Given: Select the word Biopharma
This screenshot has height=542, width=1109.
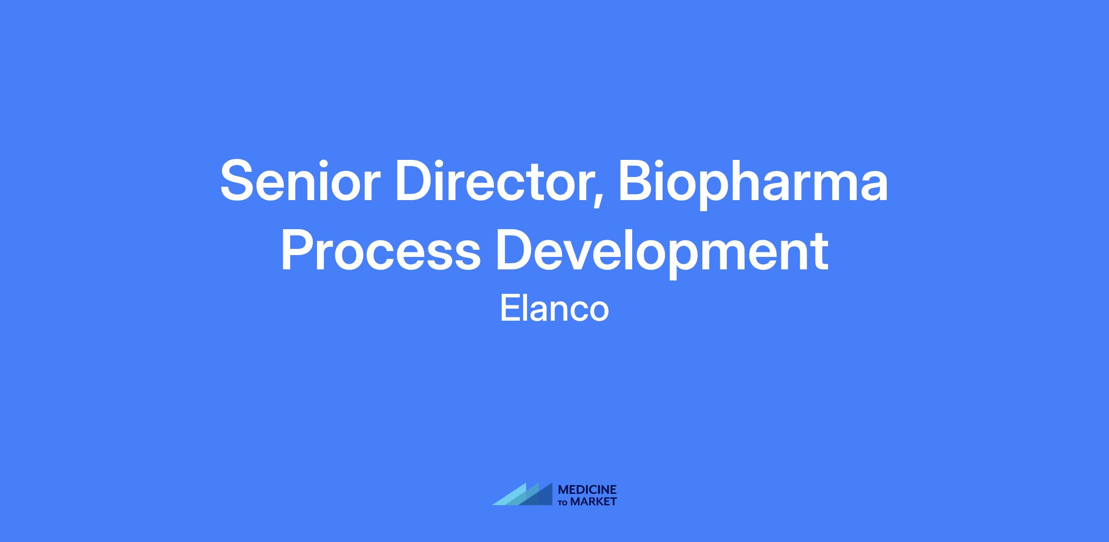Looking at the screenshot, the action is pyautogui.click(x=753, y=184).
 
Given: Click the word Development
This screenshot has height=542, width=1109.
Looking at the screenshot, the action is pyautogui.click(x=662, y=254).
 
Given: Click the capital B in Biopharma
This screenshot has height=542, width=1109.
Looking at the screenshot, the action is pyautogui.click(x=637, y=181).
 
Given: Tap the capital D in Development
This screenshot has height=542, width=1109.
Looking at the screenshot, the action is pyautogui.click(x=516, y=250).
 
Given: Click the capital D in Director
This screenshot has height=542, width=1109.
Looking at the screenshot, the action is pyautogui.click(x=416, y=181).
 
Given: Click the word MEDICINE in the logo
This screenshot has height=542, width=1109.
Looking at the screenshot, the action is pyautogui.click(x=587, y=490).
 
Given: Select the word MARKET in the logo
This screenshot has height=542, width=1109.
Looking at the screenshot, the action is pyautogui.click(x=593, y=501).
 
